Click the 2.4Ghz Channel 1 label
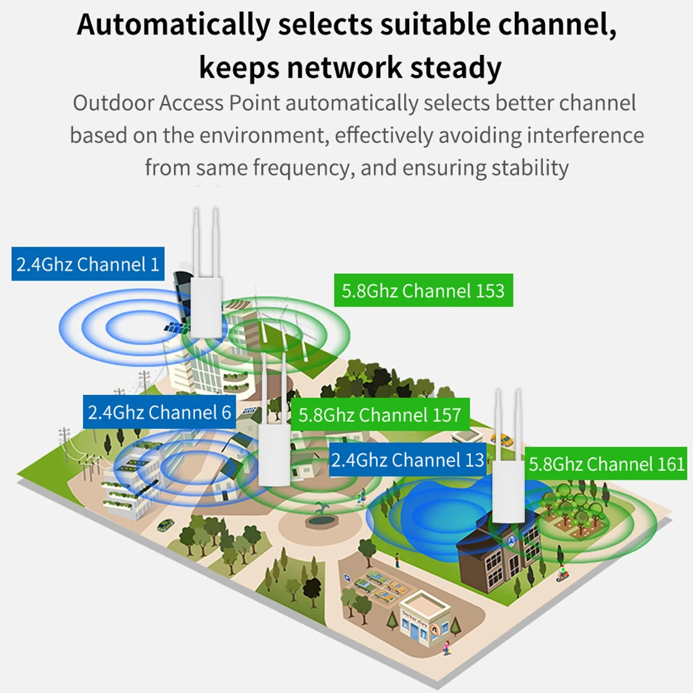(x=88, y=264)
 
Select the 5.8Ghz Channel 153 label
(x=423, y=291)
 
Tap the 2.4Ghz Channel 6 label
(x=160, y=412)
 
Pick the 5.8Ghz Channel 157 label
(x=380, y=414)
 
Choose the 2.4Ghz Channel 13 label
(x=408, y=460)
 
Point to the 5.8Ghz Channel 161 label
(x=607, y=464)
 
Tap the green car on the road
(x=165, y=525)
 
